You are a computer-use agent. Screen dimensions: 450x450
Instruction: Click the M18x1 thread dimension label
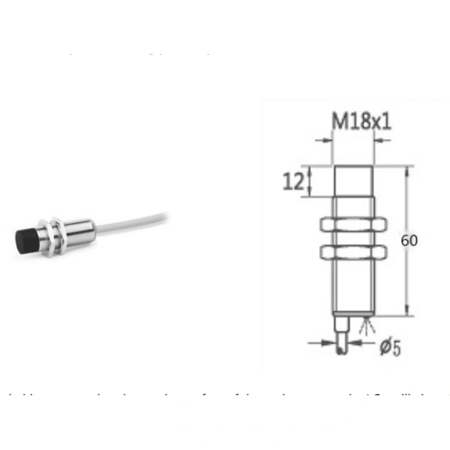click(361, 121)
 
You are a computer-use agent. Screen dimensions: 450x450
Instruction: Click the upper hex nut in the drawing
click(352, 223)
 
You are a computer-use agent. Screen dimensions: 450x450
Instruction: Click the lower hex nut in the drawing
click(352, 251)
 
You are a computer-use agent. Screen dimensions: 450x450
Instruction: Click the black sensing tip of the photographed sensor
click(24, 241)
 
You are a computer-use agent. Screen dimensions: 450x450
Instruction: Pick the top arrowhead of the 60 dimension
click(407, 169)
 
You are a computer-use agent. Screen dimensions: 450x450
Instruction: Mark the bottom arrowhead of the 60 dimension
click(407, 312)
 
